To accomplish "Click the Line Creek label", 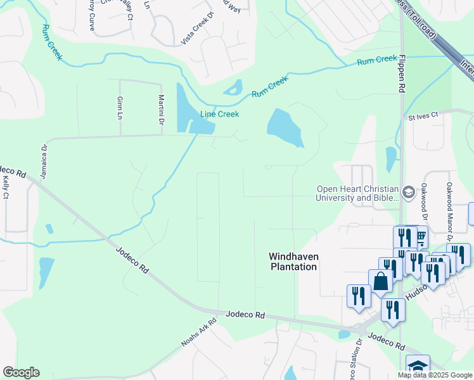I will coord(219,114).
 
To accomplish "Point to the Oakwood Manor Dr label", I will coord(449,203).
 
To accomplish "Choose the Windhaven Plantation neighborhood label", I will coord(292,262).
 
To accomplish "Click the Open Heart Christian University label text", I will coord(358,193).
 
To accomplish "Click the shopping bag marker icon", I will coord(381,281).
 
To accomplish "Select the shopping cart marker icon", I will coord(420,237).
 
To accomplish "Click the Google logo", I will coord(21,372).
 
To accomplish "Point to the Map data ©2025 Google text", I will coord(435,375).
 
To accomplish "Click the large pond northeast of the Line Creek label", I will coord(285,127).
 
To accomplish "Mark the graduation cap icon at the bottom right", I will coord(418,367).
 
